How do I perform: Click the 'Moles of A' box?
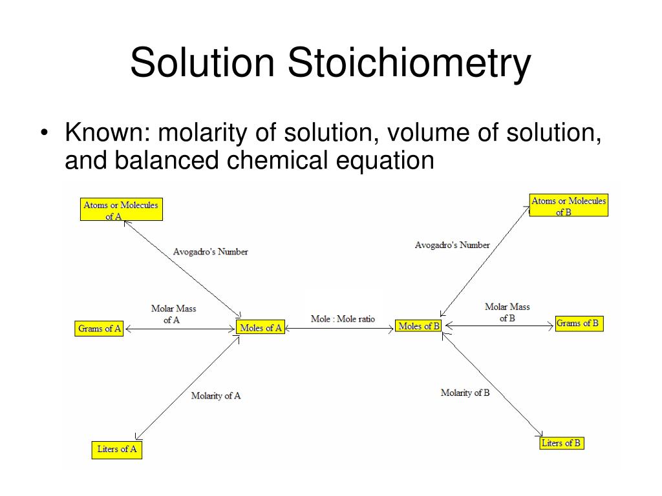tap(261, 327)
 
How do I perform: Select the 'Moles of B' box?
tap(419, 326)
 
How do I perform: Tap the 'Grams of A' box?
tap(100, 329)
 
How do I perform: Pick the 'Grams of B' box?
tap(579, 324)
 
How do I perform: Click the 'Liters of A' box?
tap(117, 449)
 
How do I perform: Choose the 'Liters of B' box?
tap(562, 443)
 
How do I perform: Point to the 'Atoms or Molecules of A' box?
tap(121, 210)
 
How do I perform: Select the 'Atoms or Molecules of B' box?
tap(568, 205)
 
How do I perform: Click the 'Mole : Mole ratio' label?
tap(343, 319)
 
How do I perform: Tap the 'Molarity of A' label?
tap(216, 395)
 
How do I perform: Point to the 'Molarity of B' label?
tap(465, 393)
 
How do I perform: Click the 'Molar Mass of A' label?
tap(173, 314)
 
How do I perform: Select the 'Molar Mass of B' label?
tap(507, 312)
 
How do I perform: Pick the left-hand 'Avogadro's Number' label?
tap(210, 252)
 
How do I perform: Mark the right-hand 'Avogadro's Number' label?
tap(452, 245)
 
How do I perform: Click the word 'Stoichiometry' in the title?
tap(409, 63)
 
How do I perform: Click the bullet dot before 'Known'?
tap(44, 134)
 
